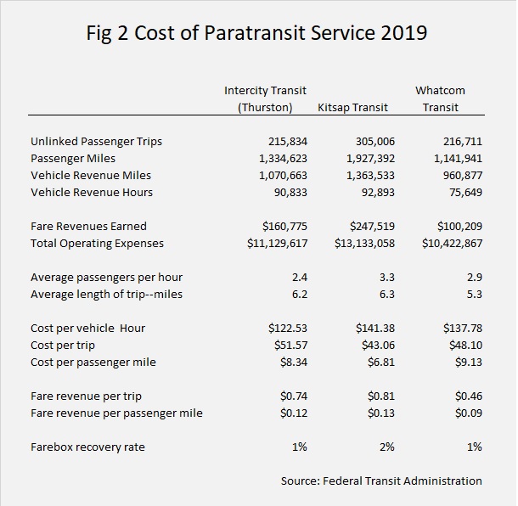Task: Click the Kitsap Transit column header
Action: click(352, 108)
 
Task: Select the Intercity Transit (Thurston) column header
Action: click(265, 98)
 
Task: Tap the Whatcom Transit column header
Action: click(441, 98)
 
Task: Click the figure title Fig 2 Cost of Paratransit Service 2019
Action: click(256, 33)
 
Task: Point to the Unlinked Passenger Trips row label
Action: click(97, 142)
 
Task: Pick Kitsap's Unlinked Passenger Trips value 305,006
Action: click(375, 142)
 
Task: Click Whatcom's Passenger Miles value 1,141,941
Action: click(459, 159)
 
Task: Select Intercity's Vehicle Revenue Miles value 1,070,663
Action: click(283, 176)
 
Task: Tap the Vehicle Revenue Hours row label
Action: click(92, 192)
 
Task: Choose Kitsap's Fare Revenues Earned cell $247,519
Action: click(372, 226)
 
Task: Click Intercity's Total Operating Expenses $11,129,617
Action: click(278, 244)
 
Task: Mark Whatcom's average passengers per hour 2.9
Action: click(475, 277)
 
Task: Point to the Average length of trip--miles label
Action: click(106, 294)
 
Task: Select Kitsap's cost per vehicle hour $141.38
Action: click(375, 329)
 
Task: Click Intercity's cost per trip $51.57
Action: click(290, 346)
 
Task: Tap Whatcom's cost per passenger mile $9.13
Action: click(469, 363)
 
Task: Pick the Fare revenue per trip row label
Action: click(86, 396)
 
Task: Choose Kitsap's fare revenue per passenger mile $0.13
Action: click(381, 413)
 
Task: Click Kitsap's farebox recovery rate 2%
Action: click(387, 447)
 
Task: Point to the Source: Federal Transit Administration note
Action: click(381, 481)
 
